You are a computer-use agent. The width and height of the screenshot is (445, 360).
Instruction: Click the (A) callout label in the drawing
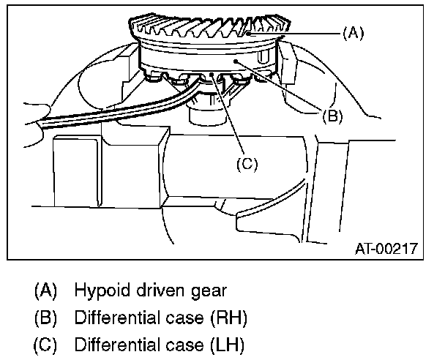point(353,33)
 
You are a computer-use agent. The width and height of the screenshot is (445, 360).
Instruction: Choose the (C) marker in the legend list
point(46,344)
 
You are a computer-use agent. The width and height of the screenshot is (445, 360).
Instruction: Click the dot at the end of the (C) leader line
point(212,75)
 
